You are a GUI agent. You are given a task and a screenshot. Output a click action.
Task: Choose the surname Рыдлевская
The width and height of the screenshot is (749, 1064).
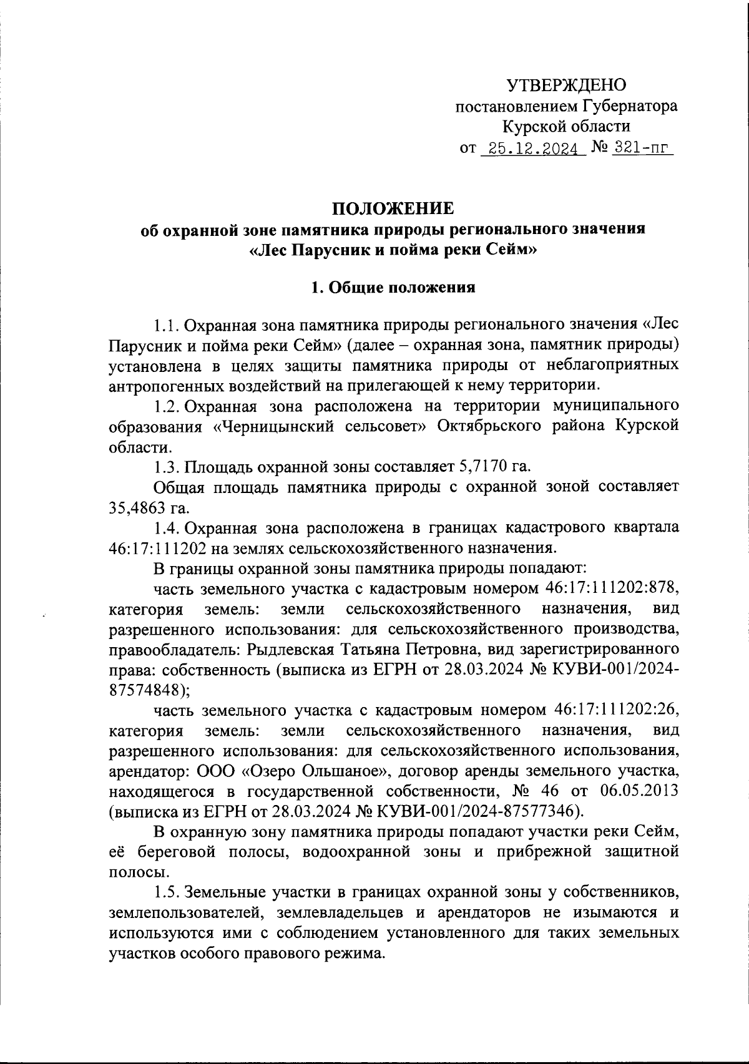[x=292, y=649]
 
